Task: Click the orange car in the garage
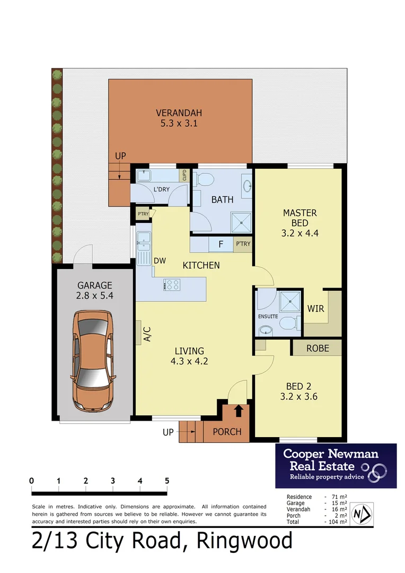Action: (x=92, y=361)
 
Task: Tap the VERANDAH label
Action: (x=179, y=112)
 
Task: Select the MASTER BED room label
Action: (x=300, y=213)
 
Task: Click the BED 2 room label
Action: (x=299, y=386)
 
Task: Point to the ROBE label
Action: (x=318, y=349)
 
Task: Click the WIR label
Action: (x=315, y=308)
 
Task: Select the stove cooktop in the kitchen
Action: (x=172, y=285)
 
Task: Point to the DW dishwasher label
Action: (x=160, y=261)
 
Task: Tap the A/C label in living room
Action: (x=148, y=334)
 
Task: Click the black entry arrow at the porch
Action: (x=239, y=410)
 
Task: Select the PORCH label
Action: (x=227, y=432)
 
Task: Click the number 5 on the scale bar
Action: (x=167, y=481)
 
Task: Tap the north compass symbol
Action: (x=362, y=514)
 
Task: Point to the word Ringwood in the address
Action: (x=244, y=542)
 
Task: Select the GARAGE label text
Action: (x=94, y=285)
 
